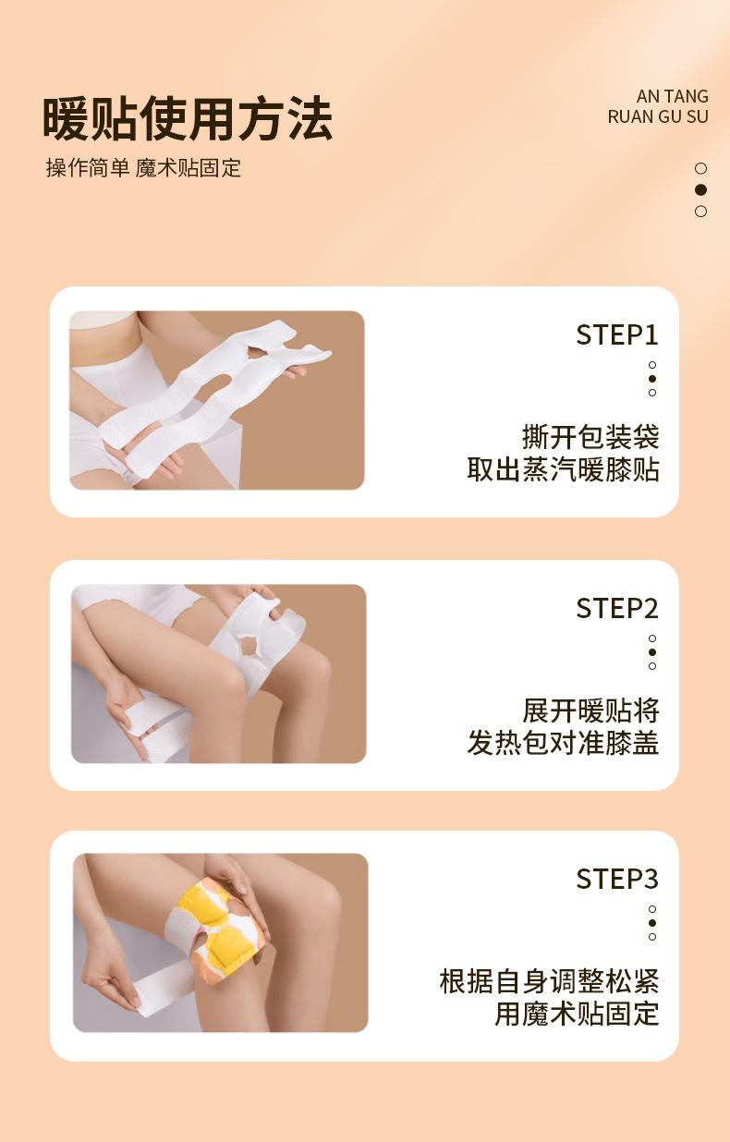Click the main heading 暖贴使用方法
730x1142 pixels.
(x=188, y=119)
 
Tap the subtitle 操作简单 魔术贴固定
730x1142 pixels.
(x=143, y=168)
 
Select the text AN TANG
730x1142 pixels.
(x=673, y=96)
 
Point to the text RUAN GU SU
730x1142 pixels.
(x=658, y=116)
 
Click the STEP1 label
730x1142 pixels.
(x=617, y=335)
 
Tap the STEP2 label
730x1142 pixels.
(x=617, y=608)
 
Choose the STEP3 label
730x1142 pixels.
(x=617, y=879)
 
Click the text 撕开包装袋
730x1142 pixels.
(x=590, y=437)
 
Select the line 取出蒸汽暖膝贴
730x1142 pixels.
(x=563, y=469)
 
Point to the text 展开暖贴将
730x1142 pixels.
(x=590, y=711)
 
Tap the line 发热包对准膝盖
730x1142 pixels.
(x=563, y=743)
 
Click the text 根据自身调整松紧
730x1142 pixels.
(x=549, y=981)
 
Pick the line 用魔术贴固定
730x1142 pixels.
(x=577, y=1014)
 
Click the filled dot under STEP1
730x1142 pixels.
(x=652, y=379)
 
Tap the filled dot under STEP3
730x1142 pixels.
(x=652, y=923)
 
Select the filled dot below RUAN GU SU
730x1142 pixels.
(x=701, y=189)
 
